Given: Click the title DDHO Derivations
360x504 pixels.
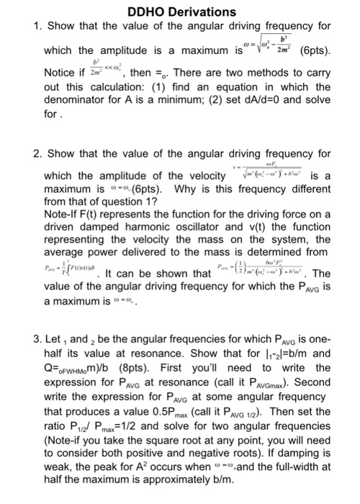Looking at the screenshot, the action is pyautogui.click(x=181, y=12).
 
